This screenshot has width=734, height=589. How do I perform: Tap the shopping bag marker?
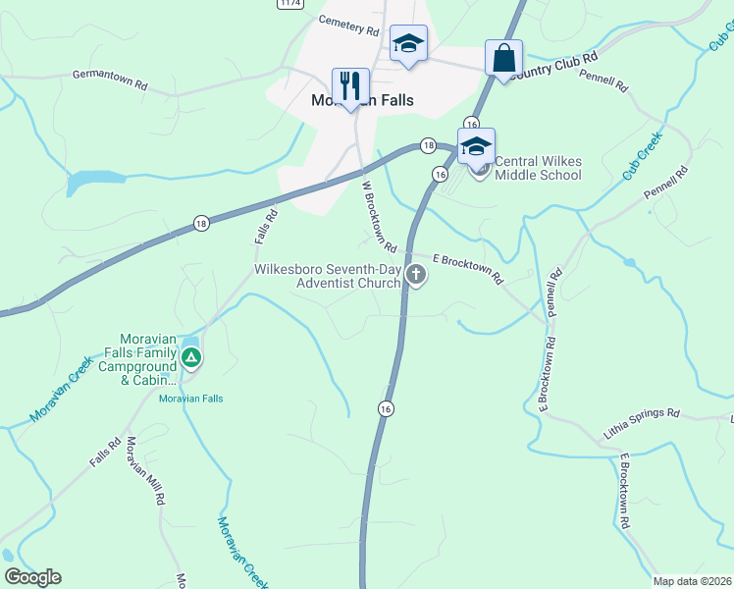point(503,57)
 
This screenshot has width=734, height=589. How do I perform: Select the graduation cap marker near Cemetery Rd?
point(408,43)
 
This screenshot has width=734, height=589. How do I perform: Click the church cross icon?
point(416,275)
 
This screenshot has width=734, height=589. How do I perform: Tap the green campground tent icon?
point(191,356)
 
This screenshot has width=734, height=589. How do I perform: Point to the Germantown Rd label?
point(110,80)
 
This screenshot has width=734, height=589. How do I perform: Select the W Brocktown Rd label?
point(378,215)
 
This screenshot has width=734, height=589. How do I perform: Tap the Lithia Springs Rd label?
point(641,424)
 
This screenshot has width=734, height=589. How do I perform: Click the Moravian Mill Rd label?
point(145,470)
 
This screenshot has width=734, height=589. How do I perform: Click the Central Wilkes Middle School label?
point(538,169)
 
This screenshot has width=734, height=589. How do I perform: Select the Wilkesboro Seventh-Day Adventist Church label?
point(327,277)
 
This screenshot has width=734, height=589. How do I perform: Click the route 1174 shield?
point(288,4)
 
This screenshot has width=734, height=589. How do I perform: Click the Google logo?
point(32,577)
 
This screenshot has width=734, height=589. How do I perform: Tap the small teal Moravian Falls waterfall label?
point(192,399)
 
